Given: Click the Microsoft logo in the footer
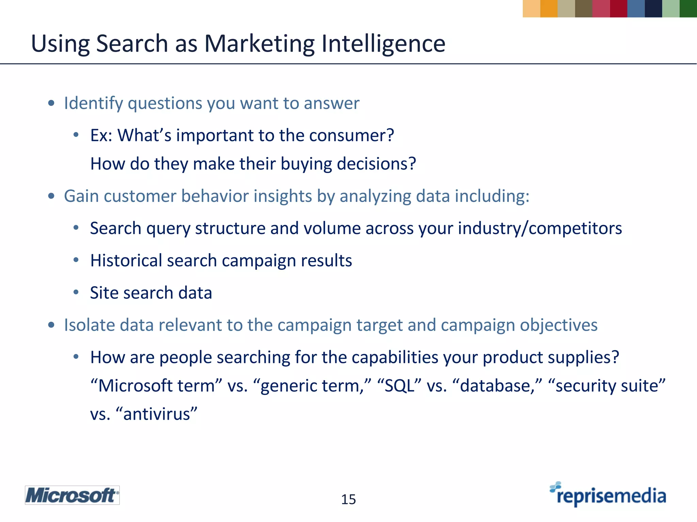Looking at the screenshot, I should tap(72, 495).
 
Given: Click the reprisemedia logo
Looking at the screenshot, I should tap(609, 495).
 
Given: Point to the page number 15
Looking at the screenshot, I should tap(348, 500).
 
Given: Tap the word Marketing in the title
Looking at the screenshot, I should tap(259, 44).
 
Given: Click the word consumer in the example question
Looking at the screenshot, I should tap(351, 135).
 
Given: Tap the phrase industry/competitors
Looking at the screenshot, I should tap(540, 228).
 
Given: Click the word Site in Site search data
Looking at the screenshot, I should tap(103, 293).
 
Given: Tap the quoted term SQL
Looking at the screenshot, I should tap(400, 386).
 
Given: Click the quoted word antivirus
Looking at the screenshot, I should tap(157, 414).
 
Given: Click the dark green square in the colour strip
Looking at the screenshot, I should tap(688, 8).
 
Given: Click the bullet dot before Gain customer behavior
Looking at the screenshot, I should tap(51, 196).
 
